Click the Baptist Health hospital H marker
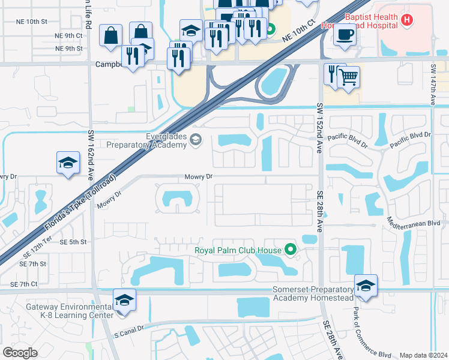(408, 20)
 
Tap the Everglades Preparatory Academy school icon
(195, 140)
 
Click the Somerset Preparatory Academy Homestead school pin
(366, 286)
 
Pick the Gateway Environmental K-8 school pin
(124, 299)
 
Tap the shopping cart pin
(348, 76)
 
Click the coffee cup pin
(345, 34)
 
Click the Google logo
(20, 353)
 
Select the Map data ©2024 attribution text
(423, 355)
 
